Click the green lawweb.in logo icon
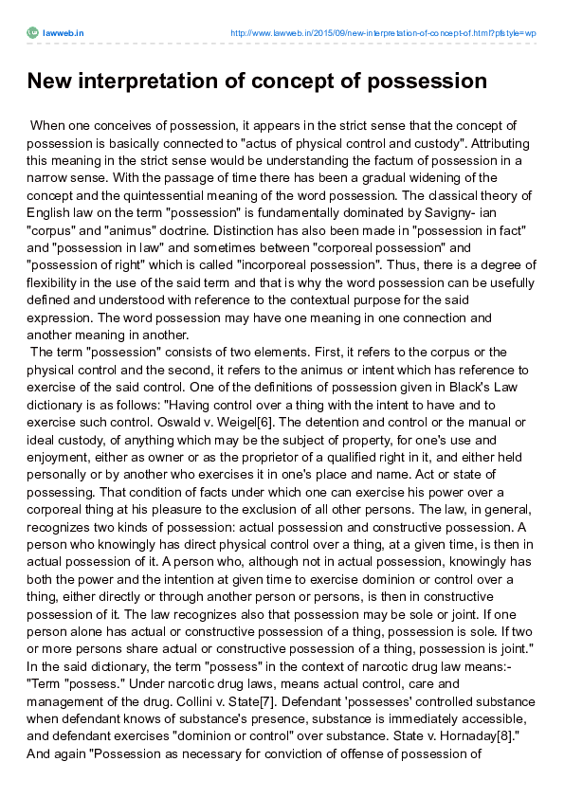click(x=32, y=32)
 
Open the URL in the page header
click(x=385, y=32)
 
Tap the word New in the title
click(x=49, y=82)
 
